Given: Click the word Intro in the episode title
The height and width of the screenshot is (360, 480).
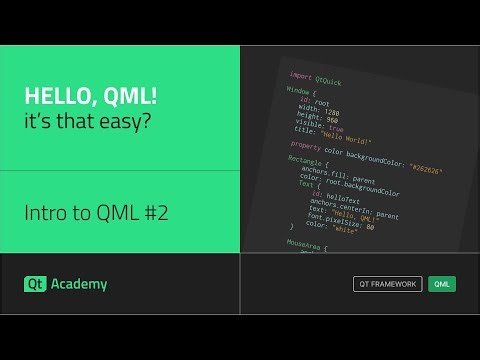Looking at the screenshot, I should tap(42, 213).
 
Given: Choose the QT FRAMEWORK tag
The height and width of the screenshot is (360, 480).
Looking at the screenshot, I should tap(388, 284).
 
